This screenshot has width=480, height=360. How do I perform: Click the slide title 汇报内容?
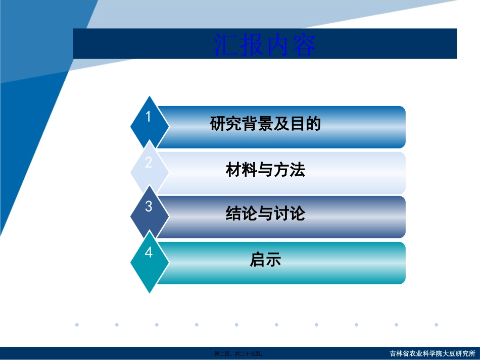(x=265, y=45)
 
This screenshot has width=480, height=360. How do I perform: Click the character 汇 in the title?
(x=226, y=45)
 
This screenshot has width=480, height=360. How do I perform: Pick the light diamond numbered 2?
(x=149, y=167)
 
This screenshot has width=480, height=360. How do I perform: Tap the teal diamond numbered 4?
(x=149, y=258)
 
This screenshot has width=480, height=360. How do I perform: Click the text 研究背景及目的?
(x=265, y=124)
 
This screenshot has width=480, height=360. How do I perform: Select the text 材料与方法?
(x=265, y=170)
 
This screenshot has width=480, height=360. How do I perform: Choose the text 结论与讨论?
(x=265, y=214)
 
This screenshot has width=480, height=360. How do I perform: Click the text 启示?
(x=265, y=260)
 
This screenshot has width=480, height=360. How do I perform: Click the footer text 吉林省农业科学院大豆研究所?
(x=433, y=353)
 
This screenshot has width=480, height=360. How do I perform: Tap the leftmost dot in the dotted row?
(x=77, y=325)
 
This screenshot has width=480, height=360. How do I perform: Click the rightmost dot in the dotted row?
(x=436, y=325)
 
